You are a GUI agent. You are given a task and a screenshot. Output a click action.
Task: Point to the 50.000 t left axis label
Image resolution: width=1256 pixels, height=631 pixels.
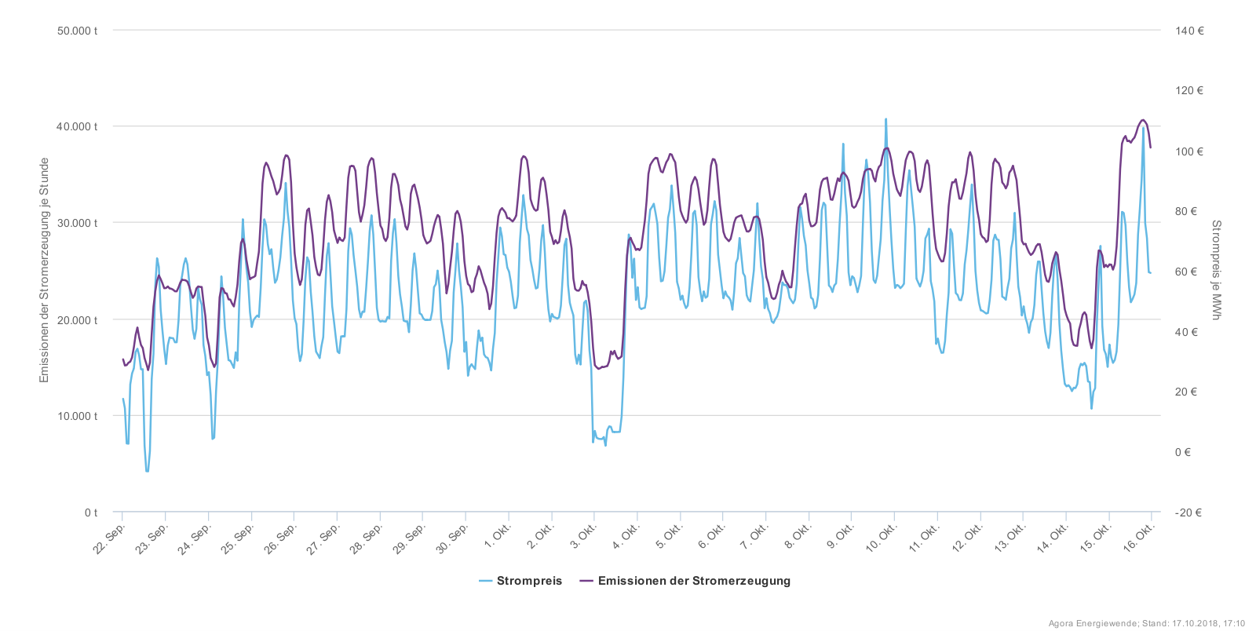77,31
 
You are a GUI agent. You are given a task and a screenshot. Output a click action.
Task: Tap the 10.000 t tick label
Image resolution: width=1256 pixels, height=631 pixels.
77,416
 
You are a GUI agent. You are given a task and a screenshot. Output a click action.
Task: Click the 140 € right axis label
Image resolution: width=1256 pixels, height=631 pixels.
1189,31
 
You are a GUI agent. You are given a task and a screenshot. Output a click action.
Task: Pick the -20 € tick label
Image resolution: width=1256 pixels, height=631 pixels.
1188,512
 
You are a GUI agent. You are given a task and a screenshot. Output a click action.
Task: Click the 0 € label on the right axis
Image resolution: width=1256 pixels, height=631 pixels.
1182,452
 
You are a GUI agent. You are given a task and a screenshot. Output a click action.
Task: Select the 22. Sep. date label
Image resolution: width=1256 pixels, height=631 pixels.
110,538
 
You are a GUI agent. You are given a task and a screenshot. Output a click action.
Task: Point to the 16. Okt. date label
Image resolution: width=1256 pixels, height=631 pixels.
1139,538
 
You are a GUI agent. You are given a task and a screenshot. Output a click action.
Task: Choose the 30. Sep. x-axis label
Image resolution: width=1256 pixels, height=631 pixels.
453,538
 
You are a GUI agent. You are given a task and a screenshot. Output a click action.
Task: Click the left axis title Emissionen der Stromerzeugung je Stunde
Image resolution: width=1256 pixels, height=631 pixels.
45,271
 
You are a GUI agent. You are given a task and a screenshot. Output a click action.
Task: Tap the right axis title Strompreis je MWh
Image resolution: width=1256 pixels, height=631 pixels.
1216,271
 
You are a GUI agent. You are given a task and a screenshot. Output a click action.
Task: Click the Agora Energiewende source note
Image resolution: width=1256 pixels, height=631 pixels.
1146,624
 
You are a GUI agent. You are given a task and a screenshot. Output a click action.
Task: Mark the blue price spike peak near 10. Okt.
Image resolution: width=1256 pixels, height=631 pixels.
886,119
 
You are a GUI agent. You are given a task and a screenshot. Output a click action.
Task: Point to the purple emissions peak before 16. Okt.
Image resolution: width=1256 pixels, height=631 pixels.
1143,120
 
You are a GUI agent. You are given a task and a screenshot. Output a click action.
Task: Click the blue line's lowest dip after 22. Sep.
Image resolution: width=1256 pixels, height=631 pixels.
147,471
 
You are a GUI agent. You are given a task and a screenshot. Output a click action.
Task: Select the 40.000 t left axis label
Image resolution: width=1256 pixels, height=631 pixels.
77,126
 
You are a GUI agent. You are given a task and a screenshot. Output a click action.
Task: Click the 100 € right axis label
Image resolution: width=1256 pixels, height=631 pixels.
1188,151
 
